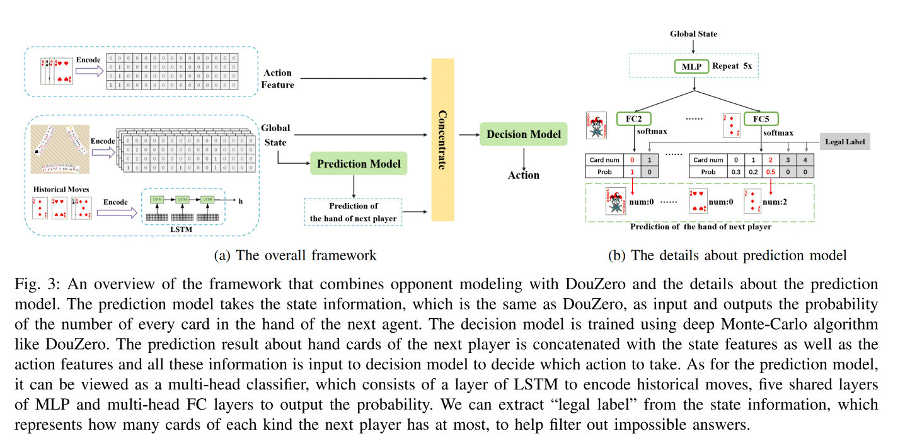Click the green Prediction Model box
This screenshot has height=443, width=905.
coord(359,164)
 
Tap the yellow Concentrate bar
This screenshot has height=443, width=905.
coord(442,139)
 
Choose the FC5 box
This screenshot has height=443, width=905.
coord(761,118)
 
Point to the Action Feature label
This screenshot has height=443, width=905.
coord(279,79)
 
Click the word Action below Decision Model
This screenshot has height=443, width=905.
coord(524,175)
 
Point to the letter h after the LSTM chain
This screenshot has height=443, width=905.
coord(239,201)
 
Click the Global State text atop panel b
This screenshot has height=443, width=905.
coord(693,33)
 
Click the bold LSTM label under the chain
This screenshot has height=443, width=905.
coord(182,229)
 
